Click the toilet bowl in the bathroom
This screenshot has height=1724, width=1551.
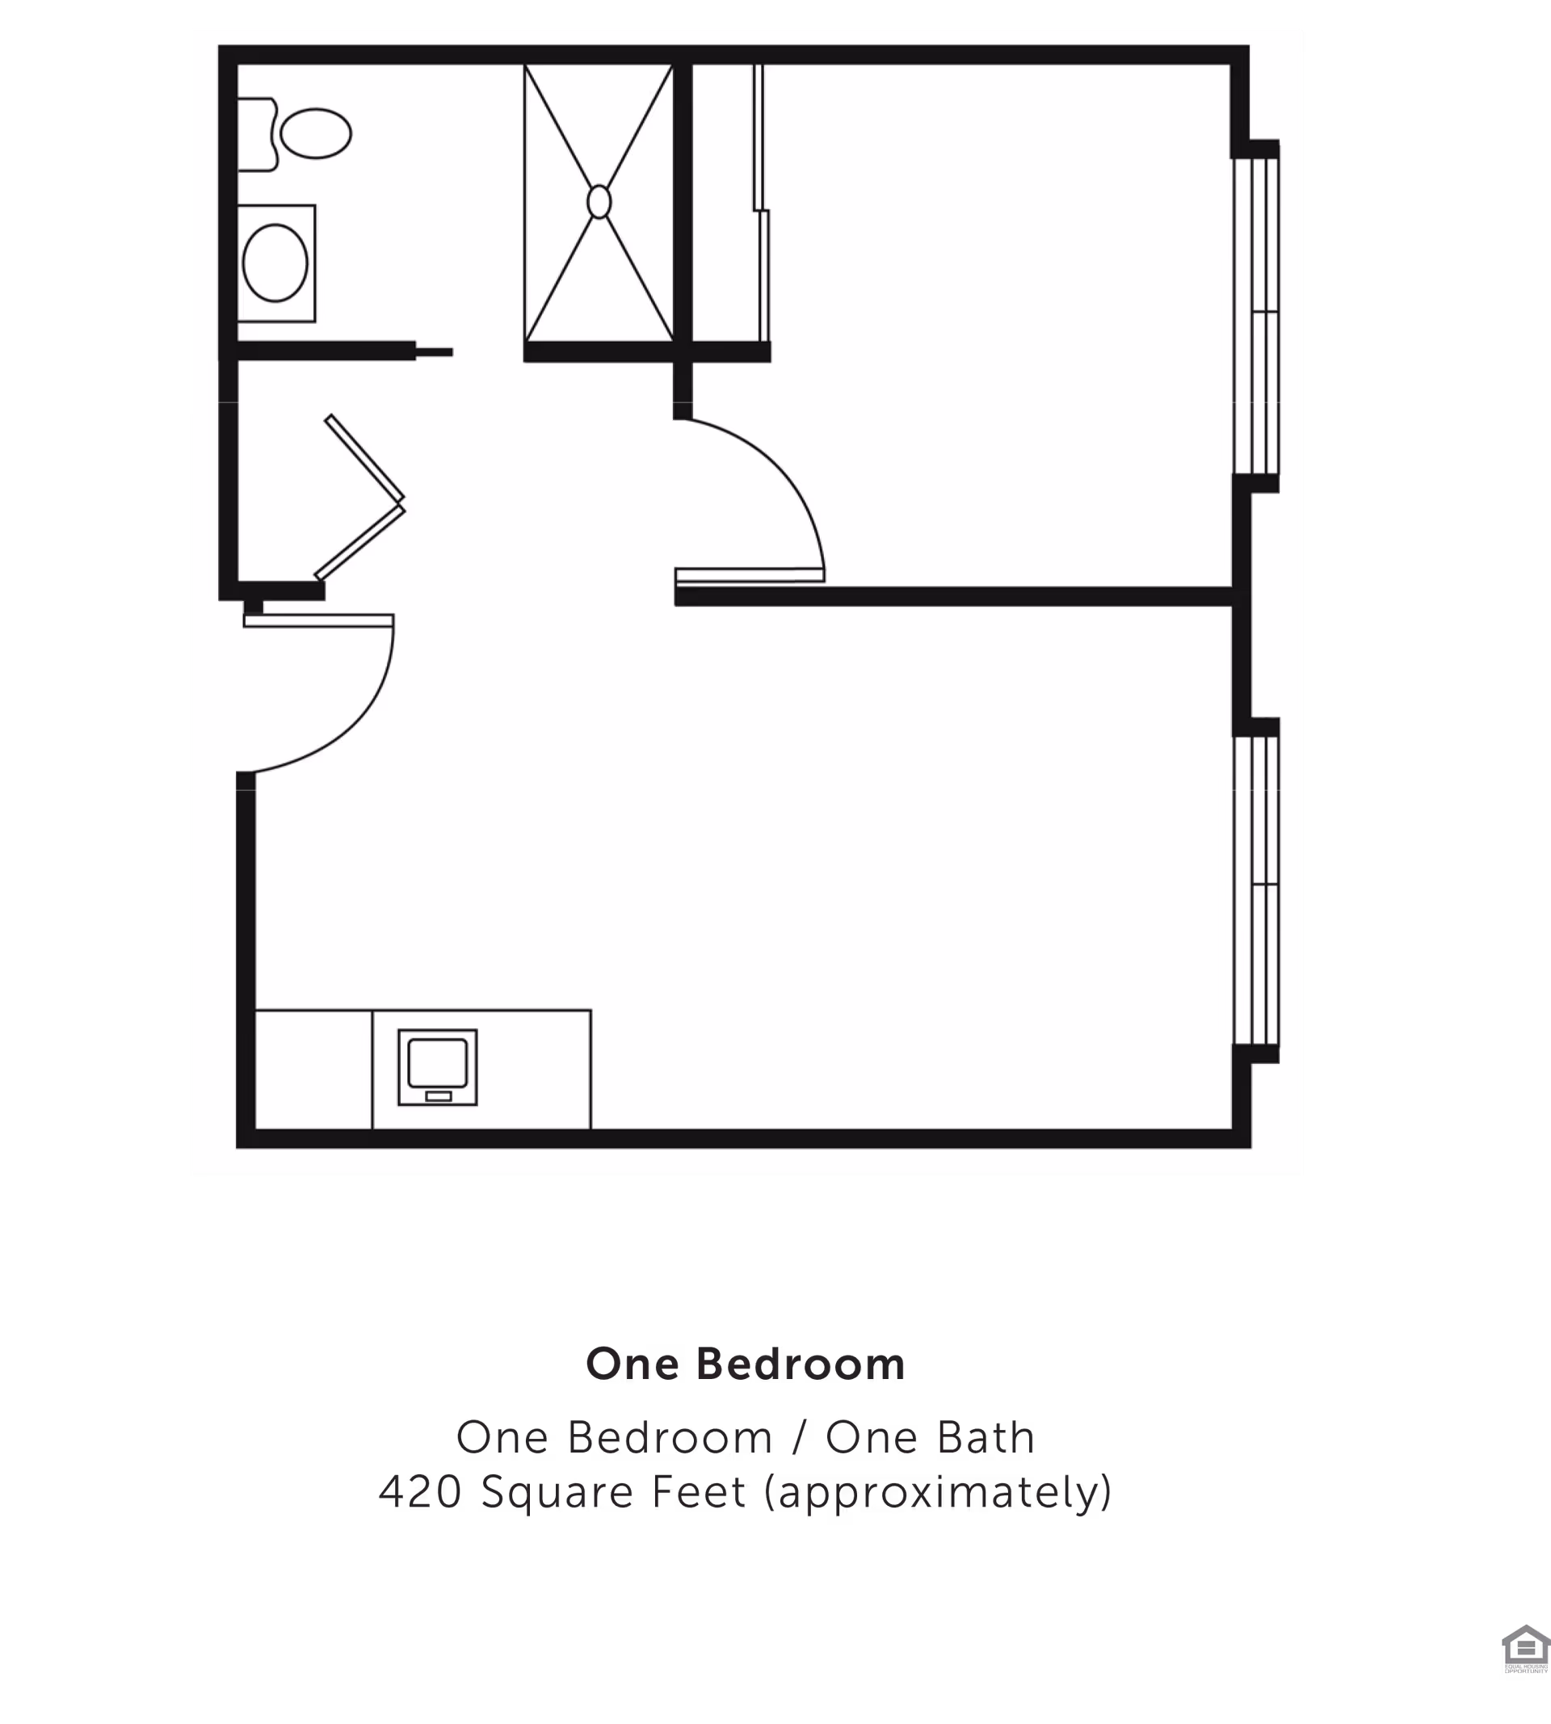(x=316, y=134)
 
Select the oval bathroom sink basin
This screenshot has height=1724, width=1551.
(x=275, y=263)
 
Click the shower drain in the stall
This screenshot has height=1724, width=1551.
(x=599, y=202)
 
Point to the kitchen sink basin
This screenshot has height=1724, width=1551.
(x=437, y=1062)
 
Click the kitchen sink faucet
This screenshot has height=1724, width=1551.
(x=438, y=1096)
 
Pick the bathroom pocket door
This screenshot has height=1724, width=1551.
(x=434, y=351)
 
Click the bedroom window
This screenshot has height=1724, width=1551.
(x=1258, y=315)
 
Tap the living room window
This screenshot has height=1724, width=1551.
(x=1258, y=890)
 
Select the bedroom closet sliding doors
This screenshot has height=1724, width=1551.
(x=761, y=204)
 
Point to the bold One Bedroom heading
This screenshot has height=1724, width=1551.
(x=746, y=1364)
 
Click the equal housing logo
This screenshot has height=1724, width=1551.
(x=1525, y=1650)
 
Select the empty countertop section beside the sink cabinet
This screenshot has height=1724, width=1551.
(x=313, y=1070)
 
